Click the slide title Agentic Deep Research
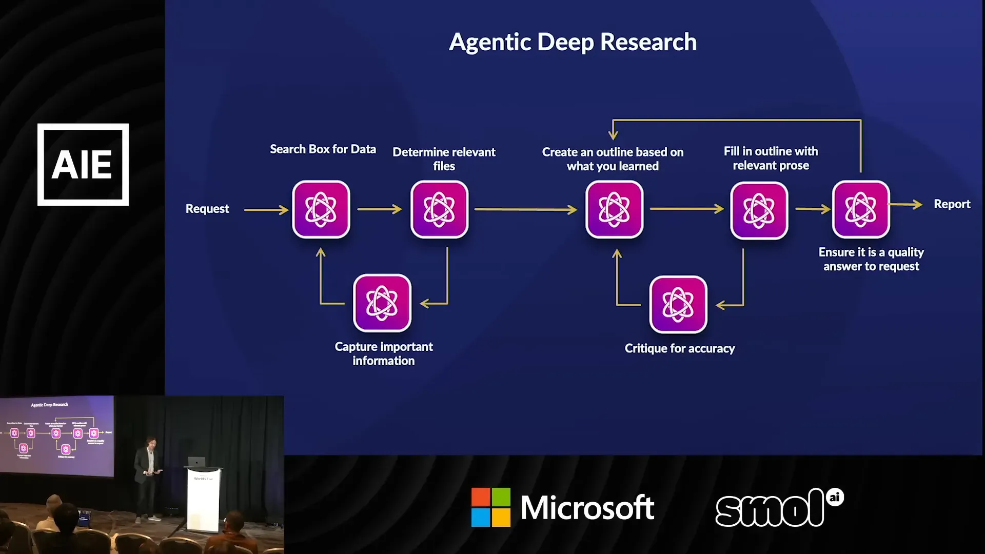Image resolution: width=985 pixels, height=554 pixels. pyautogui.click(x=573, y=42)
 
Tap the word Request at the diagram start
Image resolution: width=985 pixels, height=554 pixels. pyautogui.click(x=207, y=209)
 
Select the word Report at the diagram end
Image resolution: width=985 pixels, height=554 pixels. pyautogui.click(x=952, y=204)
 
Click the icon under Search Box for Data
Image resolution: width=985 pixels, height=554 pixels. pyautogui.click(x=321, y=209)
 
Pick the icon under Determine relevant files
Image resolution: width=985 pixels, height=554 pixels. pyautogui.click(x=439, y=209)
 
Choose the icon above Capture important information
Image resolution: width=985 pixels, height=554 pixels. pyautogui.click(x=382, y=303)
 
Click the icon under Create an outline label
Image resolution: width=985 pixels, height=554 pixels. pyautogui.click(x=614, y=209)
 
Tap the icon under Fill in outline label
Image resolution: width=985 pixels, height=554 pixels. pyautogui.click(x=759, y=210)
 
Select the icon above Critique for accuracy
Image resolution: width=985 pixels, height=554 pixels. pyautogui.click(x=678, y=305)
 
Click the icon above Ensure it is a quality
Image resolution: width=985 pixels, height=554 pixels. pyautogui.click(x=861, y=209)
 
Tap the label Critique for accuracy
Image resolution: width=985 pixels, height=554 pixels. pyautogui.click(x=679, y=349)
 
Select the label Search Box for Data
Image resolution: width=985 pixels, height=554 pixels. pyautogui.click(x=323, y=149)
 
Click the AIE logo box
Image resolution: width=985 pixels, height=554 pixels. pyautogui.click(x=83, y=165)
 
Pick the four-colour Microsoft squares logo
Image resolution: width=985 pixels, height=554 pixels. pyautogui.click(x=491, y=507)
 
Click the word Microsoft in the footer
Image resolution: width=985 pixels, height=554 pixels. pyautogui.click(x=587, y=508)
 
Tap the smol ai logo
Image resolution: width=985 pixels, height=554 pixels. pyautogui.click(x=779, y=508)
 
